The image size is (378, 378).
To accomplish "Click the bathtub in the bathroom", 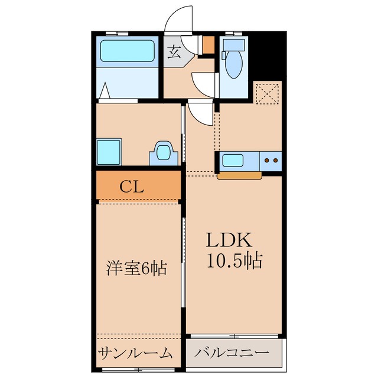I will pos(128,51).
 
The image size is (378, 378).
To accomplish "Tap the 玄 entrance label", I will pos(174,51).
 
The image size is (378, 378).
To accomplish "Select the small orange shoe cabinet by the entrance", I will pos(208,45).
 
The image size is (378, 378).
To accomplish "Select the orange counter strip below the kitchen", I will pos(240,175).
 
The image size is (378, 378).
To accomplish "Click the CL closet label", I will pos(132,187).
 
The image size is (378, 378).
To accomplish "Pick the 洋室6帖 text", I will pos(137,269).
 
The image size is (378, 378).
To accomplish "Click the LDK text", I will pos(229,240).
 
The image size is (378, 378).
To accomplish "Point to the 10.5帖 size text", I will pos(234,260).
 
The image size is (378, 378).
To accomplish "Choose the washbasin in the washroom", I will pos(162,153).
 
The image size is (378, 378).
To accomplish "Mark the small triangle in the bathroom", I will pos(106,91).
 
